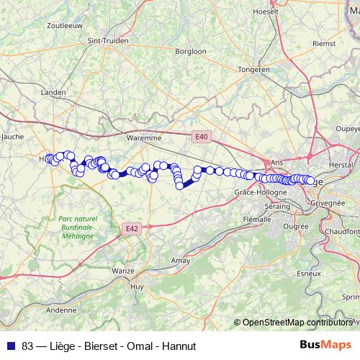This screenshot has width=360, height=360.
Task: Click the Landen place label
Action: pyautogui.click(x=54, y=93)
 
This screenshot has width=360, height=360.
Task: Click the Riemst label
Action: pyautogui.click(x=324, y=43)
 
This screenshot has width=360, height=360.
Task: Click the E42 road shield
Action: pyautogui.click(x=130, y=229)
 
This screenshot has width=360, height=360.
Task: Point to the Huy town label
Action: pyautogui.click(x=136, y=286)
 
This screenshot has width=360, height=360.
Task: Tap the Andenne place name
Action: pyautogui.click(x=61, y=310)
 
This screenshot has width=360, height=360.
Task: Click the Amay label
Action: pyautogui.click(x=179, y=260)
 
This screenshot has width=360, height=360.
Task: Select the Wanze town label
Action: pyautogui.click(x=123, y=271)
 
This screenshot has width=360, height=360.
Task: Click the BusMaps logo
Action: pyautogui.click(x=326, y=346)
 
